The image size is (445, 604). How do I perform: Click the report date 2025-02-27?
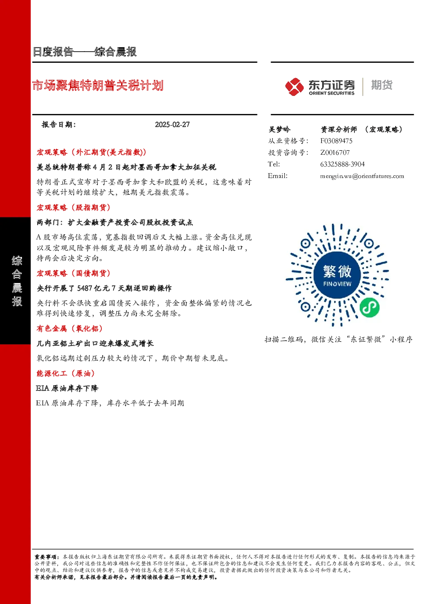click(172, 125)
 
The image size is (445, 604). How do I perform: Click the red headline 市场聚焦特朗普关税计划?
click(98, 86)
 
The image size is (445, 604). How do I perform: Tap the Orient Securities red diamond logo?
click(294, 87)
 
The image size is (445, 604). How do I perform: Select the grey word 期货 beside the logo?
click(382, 85)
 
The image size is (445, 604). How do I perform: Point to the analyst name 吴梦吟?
click(279, 130)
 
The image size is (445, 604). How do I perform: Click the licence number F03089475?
click(336, 141)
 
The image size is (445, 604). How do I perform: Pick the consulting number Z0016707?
click(335, 152)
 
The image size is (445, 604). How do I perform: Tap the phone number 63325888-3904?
click(343, 164)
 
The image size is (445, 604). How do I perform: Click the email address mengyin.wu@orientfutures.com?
click(362, 176)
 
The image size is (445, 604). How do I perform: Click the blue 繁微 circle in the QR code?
click(337, 275)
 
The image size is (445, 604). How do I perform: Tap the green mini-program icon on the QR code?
click(370, 308)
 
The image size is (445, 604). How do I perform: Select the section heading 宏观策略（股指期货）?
click(74, 208)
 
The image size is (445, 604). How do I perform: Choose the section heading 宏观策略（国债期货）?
click(74, 274)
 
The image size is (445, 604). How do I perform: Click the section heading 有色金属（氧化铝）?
click(70, 328)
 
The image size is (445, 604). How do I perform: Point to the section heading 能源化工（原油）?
click(65, 374)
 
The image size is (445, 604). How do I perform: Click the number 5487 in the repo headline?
click(85, 288)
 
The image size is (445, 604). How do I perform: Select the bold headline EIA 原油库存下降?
click(67, 388)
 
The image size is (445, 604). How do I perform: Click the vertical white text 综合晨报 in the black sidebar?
click(17, 281)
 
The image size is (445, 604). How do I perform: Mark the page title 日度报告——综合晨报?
click(84, 52)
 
